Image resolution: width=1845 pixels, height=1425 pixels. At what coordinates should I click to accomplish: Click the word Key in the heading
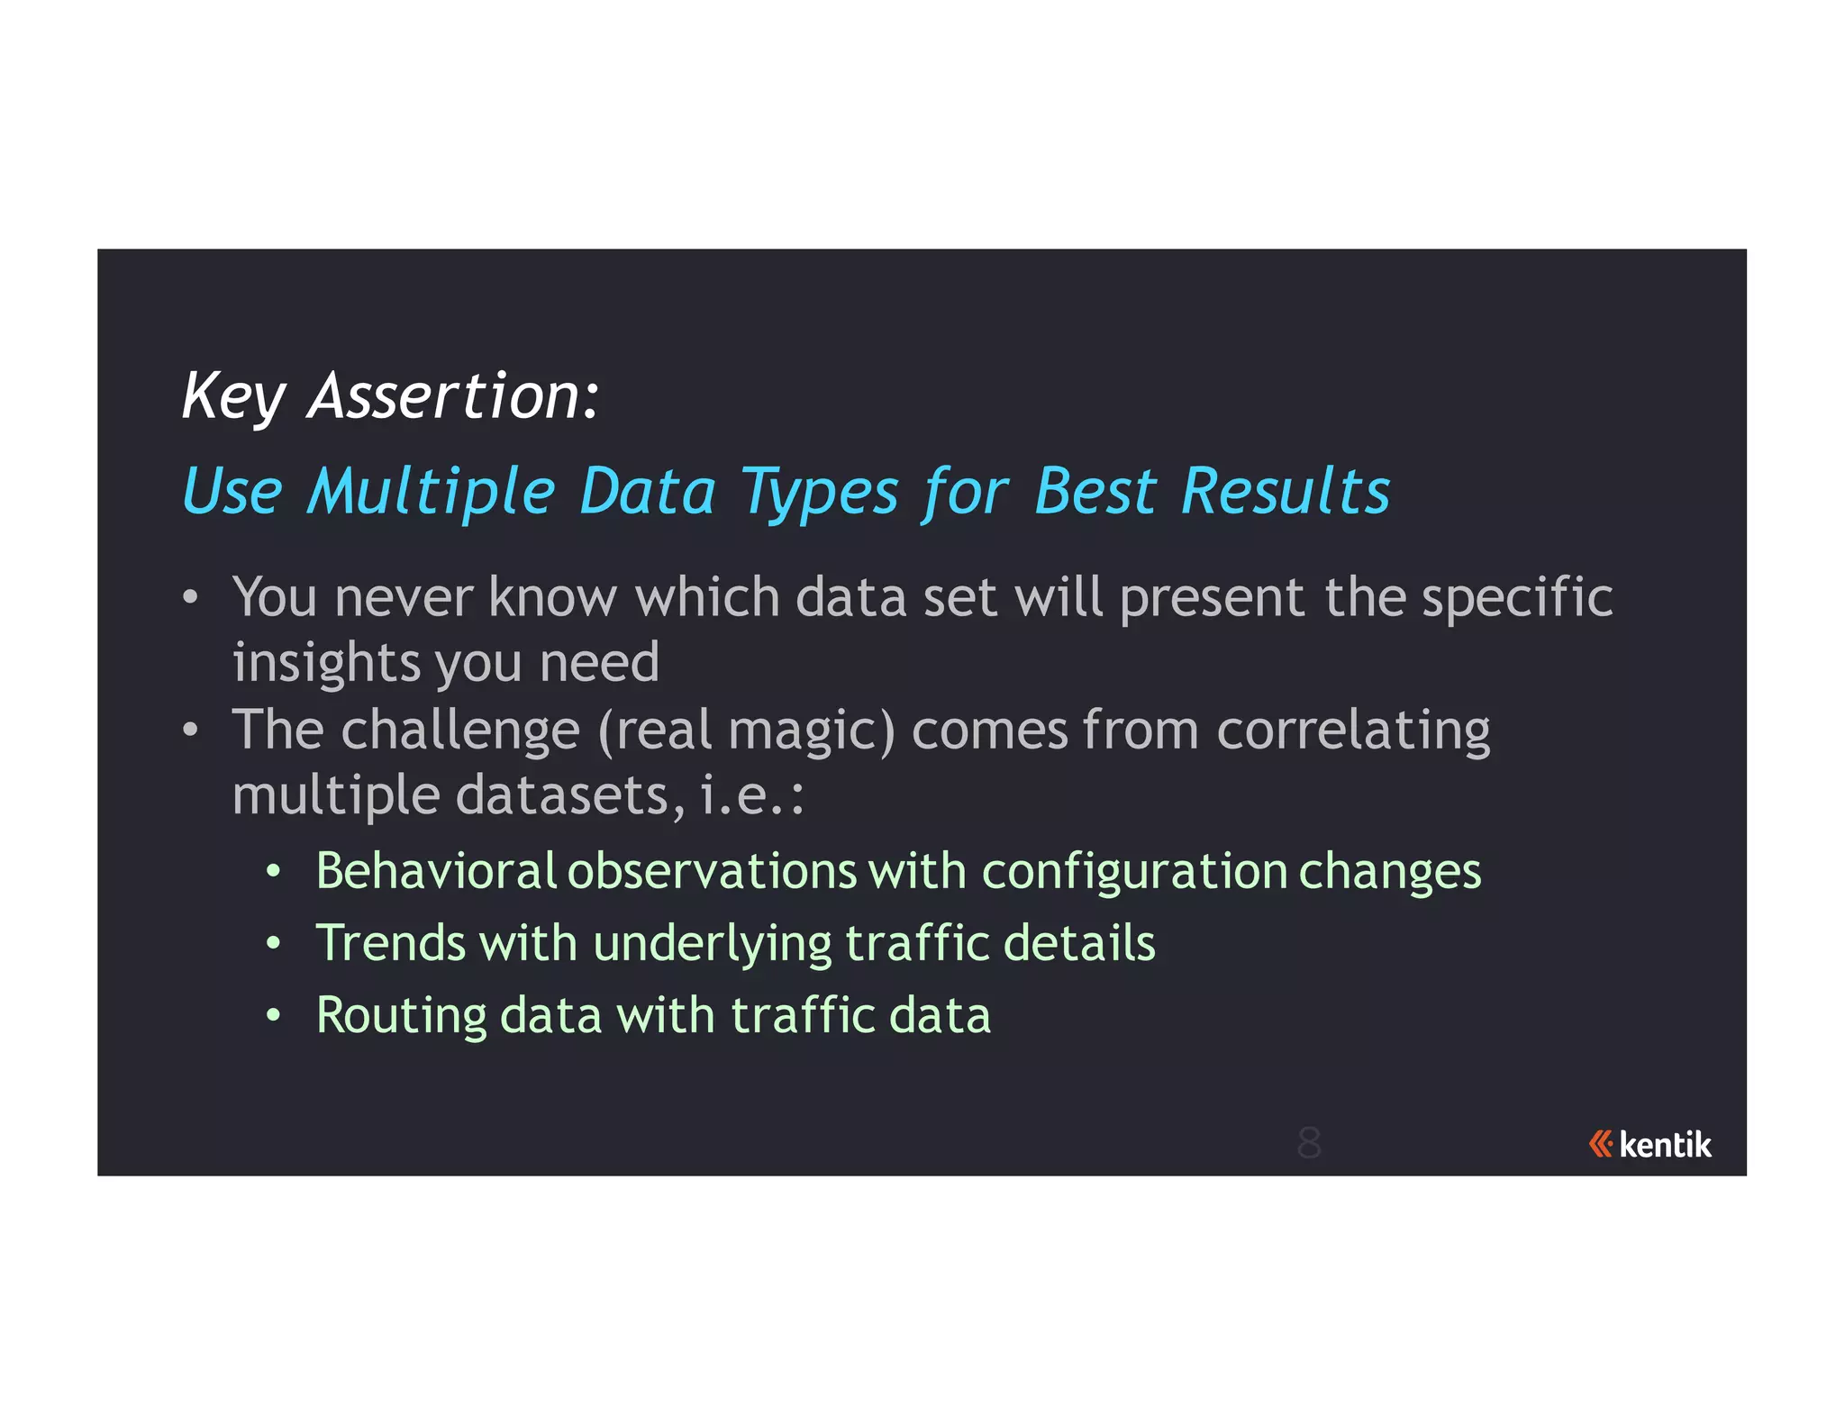(232, 396)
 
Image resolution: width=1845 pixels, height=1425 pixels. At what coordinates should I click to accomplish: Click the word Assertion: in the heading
(453, 396)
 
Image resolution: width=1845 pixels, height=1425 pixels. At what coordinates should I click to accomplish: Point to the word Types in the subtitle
(819, 494)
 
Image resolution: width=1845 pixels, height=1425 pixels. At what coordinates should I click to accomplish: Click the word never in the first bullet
(403, 598)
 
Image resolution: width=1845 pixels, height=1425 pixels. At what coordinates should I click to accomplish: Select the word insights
(325, 664)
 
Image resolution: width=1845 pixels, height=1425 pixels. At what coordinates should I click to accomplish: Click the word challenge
(459, 731)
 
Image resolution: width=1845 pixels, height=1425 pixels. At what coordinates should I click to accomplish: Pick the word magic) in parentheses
(812, 731)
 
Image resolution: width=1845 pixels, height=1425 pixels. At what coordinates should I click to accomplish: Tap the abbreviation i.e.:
(751, 796)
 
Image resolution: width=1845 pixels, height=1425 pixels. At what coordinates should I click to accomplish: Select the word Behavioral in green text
(436, 871)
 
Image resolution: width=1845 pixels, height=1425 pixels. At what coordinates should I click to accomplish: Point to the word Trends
(390, 943)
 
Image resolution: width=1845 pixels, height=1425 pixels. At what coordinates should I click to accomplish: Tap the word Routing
(401, 1017)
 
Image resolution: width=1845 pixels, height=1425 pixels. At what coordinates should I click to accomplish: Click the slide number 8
(1308, 1143)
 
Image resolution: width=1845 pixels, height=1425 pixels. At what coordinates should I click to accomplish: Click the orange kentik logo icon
(1600, 1144)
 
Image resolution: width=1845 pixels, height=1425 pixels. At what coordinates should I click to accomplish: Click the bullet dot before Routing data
(274, 1016)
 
